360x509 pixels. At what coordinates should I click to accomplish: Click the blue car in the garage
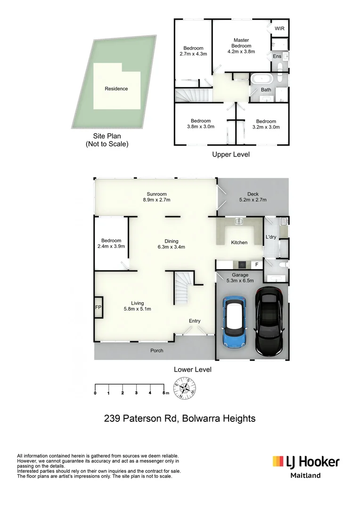234,322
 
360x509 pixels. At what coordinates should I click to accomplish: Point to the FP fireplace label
98,307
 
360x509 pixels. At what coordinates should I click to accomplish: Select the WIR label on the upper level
279,29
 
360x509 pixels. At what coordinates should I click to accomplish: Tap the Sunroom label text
156,194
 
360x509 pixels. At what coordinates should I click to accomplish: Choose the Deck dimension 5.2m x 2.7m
253,200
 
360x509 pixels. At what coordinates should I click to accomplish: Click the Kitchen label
239,242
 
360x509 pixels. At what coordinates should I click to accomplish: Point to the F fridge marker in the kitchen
256,265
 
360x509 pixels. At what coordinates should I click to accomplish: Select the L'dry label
271,237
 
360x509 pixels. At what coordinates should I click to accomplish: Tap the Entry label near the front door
195,321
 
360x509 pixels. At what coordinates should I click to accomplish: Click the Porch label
156,351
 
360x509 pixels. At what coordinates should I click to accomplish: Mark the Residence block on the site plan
116,88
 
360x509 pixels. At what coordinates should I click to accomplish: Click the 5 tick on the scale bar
163,392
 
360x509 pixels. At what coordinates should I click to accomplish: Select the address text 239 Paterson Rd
140,418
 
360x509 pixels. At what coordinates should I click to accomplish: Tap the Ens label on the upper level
277,56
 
